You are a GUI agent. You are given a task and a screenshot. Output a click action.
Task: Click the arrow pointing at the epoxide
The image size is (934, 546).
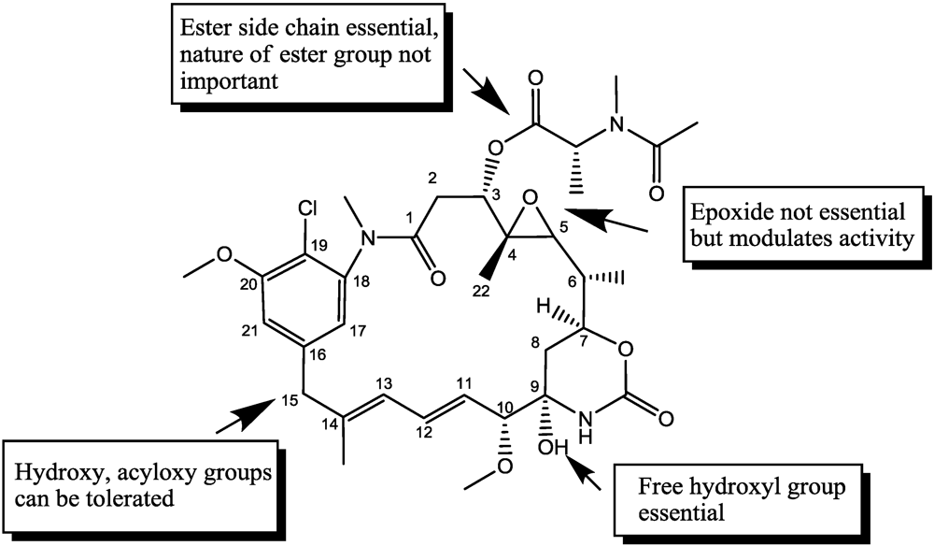(x=612, y=220)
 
